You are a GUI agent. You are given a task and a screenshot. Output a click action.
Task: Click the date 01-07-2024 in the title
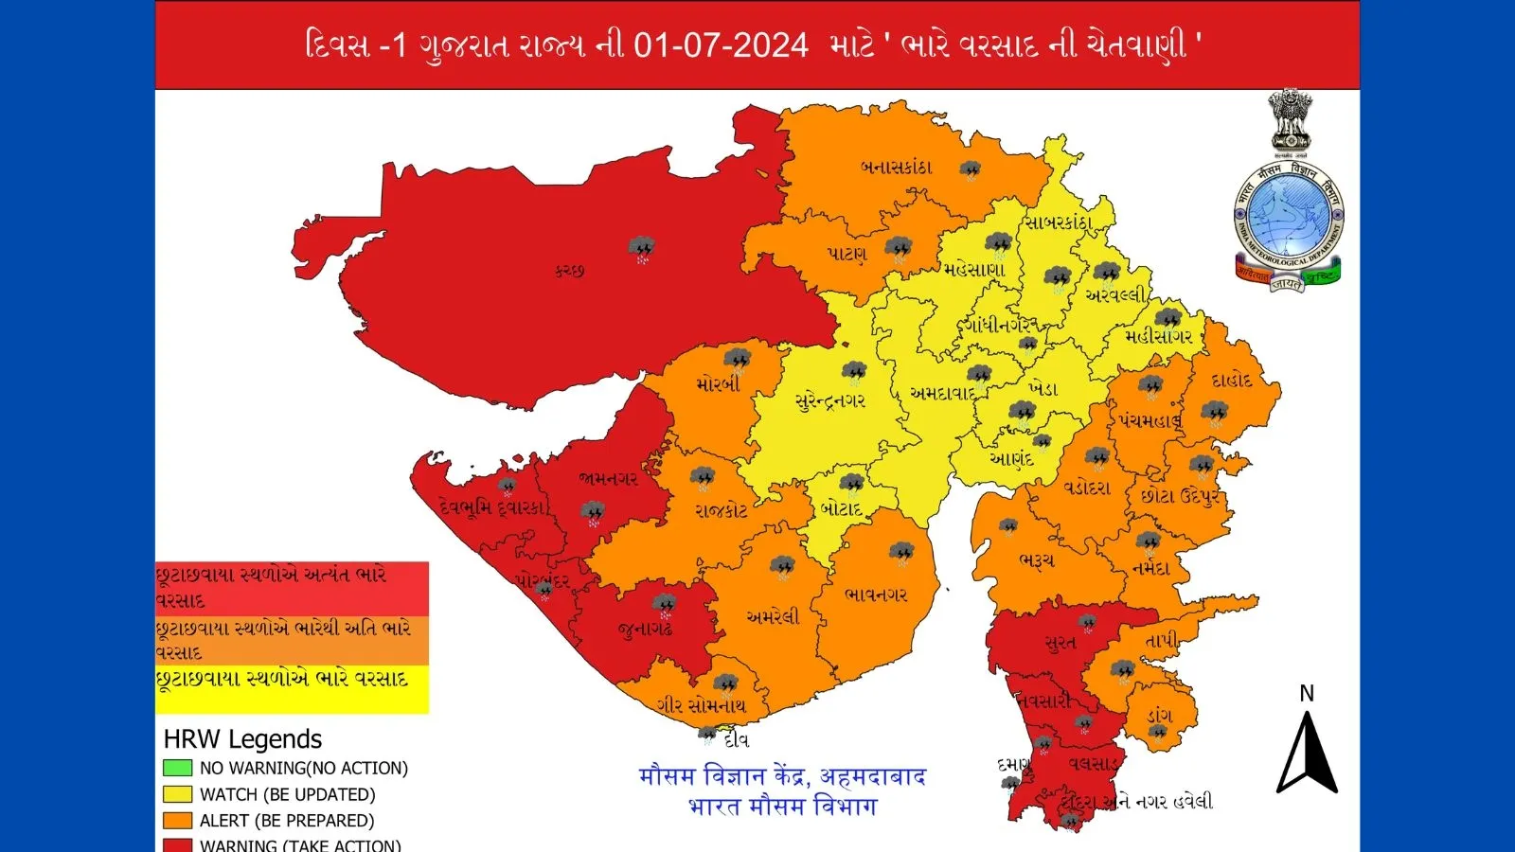pos(721,44)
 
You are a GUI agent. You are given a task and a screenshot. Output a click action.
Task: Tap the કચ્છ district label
pos(569,271)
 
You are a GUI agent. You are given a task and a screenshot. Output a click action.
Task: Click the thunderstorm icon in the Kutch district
pos(642,250)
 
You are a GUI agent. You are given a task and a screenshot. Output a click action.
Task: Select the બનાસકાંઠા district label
pos(896,168)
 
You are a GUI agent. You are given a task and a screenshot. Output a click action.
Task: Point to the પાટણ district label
pos(847,254)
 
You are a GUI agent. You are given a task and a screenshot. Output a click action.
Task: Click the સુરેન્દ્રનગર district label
pos(829,400)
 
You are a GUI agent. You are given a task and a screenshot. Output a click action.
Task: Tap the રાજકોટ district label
pos(721,510)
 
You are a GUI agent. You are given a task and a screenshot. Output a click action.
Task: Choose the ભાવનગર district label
pos(876,595)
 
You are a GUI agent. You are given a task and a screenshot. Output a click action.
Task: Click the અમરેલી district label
pos(772,616)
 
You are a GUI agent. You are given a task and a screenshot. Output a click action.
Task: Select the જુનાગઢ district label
pos(645,629)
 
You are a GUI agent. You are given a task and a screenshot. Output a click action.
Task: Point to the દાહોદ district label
pos(1232,381)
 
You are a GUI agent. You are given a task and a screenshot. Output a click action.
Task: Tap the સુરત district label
pos(1060,643)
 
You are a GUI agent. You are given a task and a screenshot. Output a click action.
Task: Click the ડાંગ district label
pos(1159,716)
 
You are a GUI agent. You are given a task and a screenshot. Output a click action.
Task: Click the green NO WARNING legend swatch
pos(177,768)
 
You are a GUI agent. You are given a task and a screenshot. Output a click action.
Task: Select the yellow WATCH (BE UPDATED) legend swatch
pos(177,794)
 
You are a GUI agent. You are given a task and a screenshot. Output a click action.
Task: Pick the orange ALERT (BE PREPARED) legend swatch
pos(177,821)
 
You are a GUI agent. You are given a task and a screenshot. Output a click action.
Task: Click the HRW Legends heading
pos(242,739)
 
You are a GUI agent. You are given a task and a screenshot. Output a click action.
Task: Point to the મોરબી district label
pos(718,384)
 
